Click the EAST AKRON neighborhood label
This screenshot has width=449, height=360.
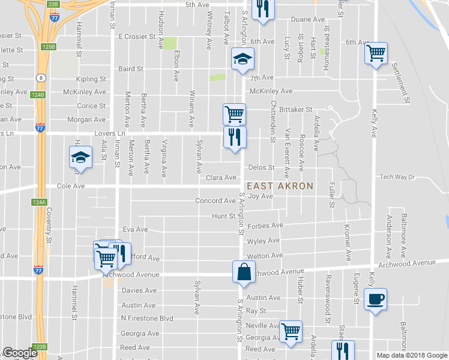280,186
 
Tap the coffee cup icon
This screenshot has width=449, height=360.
376,298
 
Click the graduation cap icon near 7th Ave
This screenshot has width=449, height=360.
243,59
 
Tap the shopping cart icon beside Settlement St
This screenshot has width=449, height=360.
376,53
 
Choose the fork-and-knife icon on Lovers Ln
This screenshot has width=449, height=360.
234,137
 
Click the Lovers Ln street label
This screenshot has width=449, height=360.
109,133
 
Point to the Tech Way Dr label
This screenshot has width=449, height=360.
397,177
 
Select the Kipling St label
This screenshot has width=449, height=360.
91,79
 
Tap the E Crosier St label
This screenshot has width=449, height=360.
137,37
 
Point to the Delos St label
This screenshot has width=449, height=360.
261,168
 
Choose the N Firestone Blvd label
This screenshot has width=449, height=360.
146,319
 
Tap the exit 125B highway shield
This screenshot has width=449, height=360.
49,46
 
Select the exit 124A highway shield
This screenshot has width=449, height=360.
37,203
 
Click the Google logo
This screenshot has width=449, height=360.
20,353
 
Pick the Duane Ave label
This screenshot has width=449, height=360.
308,20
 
